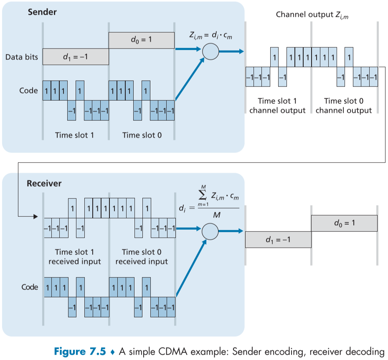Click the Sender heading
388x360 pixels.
click(x=42, y=12)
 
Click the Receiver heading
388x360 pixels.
click(x=44, y=183)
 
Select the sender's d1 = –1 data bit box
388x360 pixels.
click(x=75, y=56)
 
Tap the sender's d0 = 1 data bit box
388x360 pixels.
click(x=141, y=40)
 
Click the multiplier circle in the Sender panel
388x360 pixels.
click(x=210, y=51)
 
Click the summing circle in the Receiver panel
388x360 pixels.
click(x=210, y=230)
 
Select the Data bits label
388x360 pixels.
click(x=21, y=57)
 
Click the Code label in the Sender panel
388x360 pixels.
click(x=28, y=90)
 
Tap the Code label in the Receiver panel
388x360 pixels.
click(x=30, y=287)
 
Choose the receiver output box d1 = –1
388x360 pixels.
click(x=278, y=239)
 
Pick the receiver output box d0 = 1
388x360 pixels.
click(x=344, y=223)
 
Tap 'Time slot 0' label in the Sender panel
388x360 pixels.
click(x=141, y=135)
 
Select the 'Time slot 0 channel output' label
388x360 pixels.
click(x=343, y=106)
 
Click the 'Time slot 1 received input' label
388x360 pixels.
click(x=75, y=257)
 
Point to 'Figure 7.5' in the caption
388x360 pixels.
click(x=79, y=351)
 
